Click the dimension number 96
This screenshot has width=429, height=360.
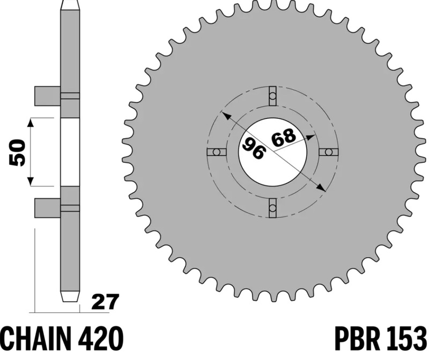254,148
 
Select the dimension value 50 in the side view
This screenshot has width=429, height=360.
17,152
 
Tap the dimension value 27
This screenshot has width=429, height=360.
105,302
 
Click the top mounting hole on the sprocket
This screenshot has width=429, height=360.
273,96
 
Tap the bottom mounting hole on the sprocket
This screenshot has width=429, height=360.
273,208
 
